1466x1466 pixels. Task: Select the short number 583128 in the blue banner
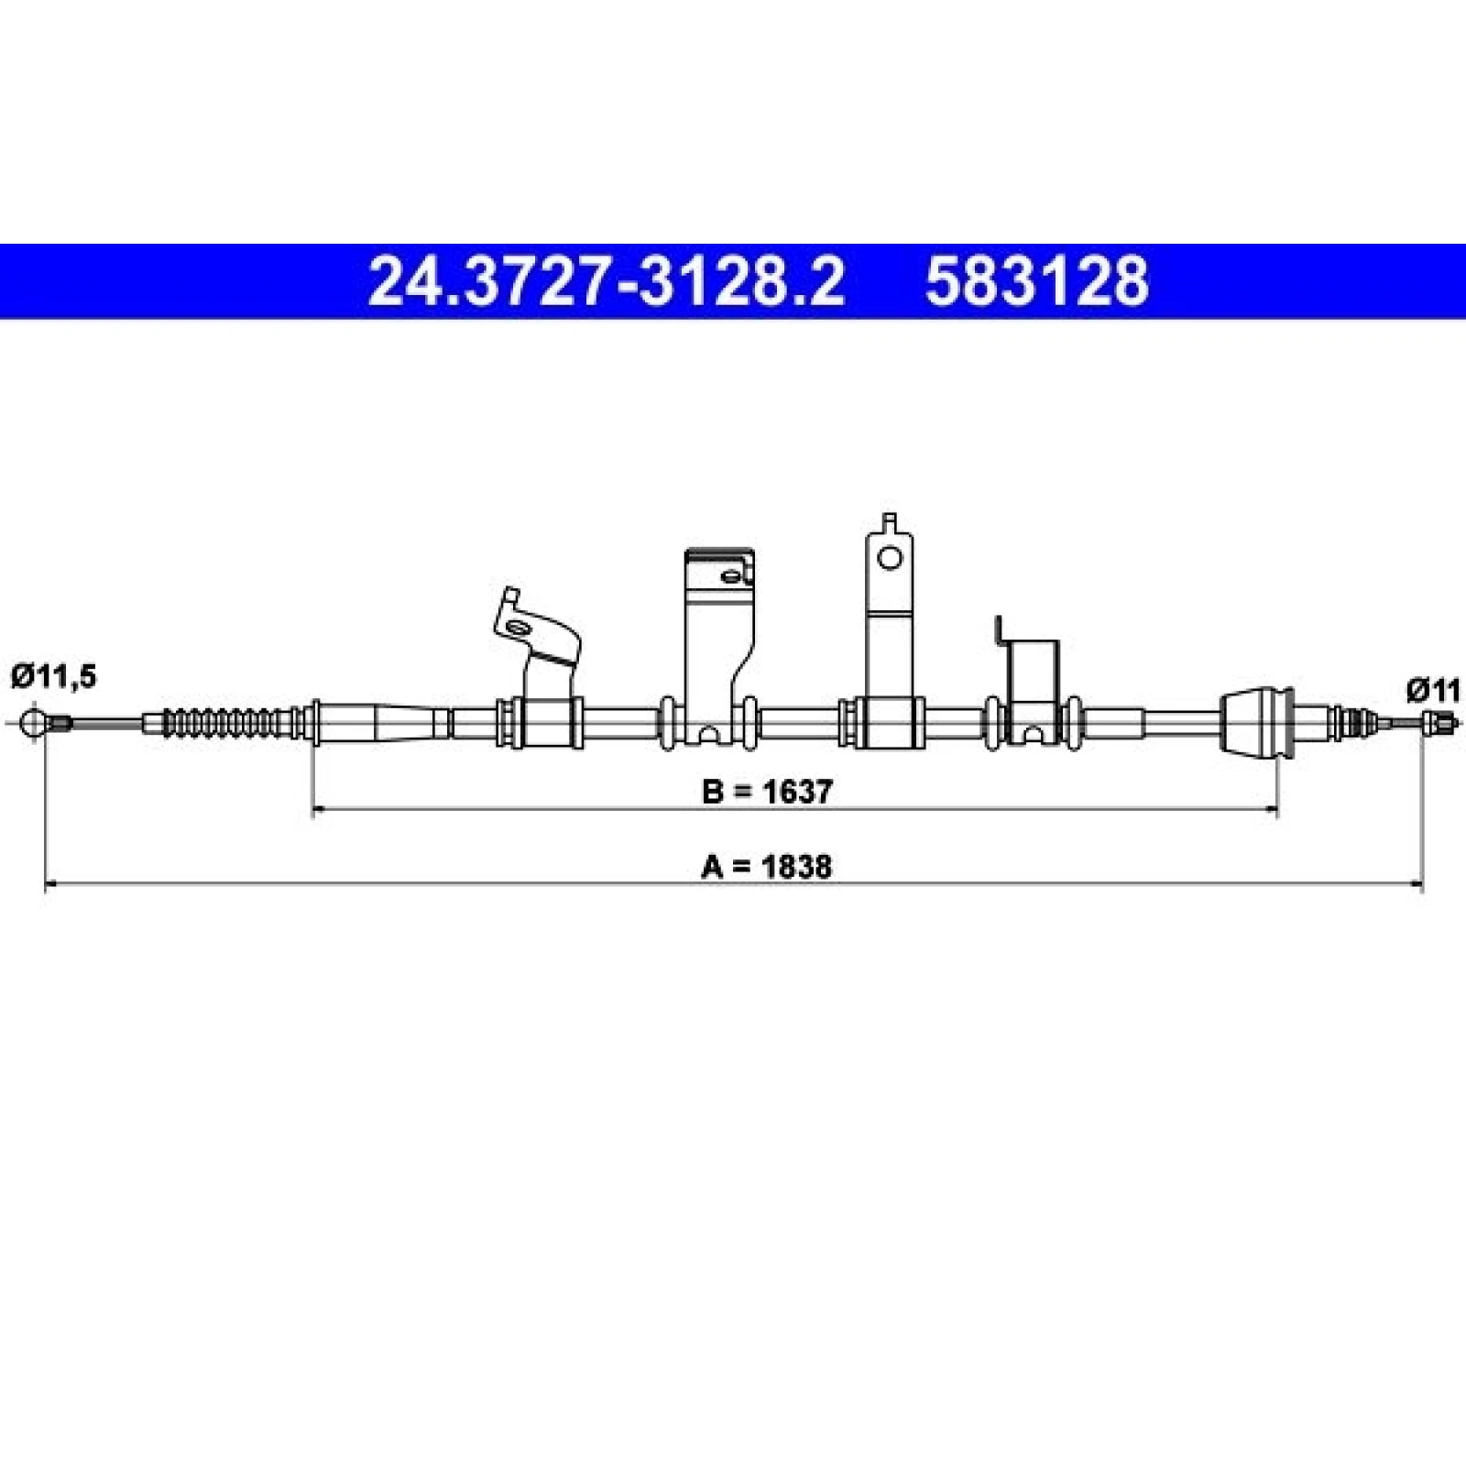[1036, 281]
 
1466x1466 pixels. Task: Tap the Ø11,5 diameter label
[53, 677]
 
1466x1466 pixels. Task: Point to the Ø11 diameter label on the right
[1434, 689]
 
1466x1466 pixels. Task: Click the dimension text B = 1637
[768, 791]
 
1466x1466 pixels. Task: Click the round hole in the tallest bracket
[890, 557]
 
